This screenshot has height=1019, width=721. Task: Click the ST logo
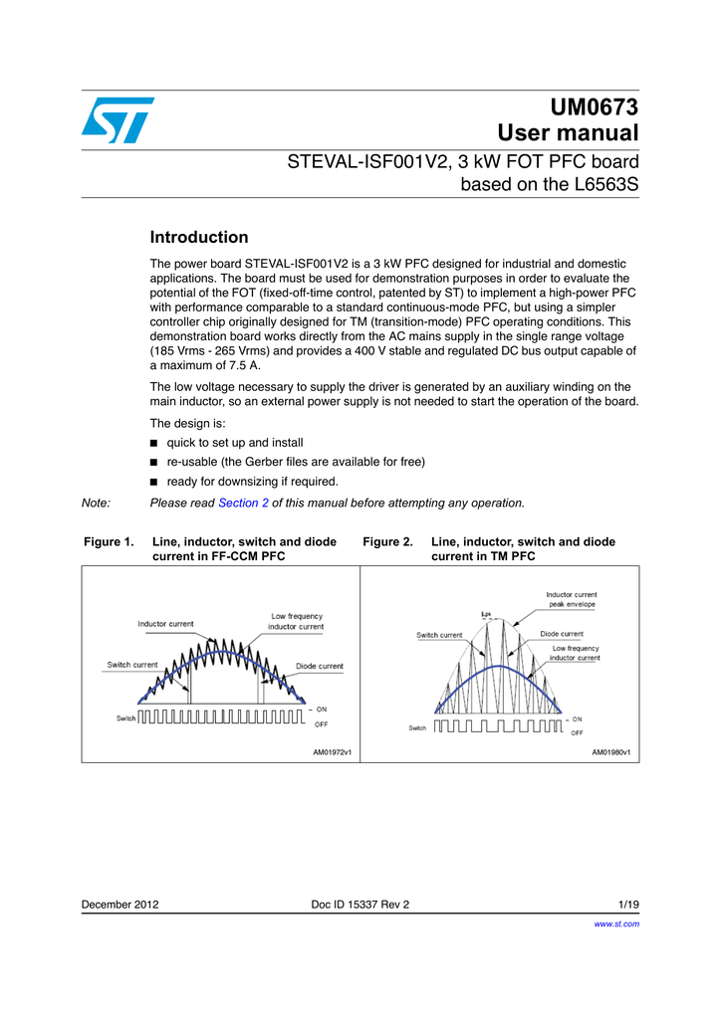click(118, 119)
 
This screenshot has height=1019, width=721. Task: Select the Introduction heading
click(198, 238)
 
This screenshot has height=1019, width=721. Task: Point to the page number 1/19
click(628, 905)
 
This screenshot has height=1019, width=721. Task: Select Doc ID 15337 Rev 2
click(360, 905)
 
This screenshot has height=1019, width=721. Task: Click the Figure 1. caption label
click(108, 542)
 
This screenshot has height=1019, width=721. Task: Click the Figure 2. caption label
click(387, 542)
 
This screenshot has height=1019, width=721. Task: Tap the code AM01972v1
click(333, 753)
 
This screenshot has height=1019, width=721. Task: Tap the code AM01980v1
click(611, 753)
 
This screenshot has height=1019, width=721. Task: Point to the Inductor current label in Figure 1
click(165, 624)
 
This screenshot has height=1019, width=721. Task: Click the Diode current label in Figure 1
click(320, 666)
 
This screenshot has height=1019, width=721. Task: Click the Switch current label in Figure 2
click(439, 635)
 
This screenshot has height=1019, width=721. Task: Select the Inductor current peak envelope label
click(572, 599)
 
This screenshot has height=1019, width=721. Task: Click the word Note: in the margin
click(96, 504)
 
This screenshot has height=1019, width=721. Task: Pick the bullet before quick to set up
click(153, 443)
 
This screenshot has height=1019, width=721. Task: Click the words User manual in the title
click(568, 133)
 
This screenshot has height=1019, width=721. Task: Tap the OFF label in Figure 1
click(322, 723)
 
